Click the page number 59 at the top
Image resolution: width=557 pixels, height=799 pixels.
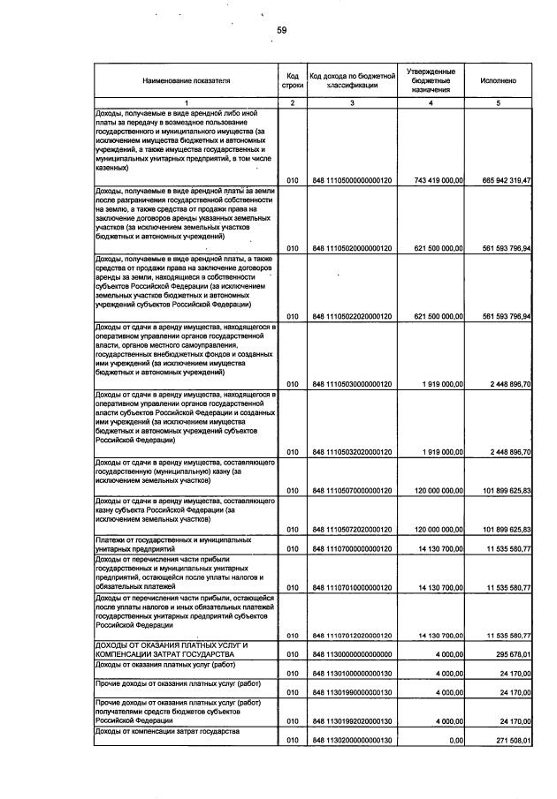point(281,30)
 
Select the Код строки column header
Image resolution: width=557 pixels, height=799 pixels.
point(292,80)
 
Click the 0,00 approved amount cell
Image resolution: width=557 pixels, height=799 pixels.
point(456,741)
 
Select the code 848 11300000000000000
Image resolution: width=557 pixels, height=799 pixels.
point(352,654)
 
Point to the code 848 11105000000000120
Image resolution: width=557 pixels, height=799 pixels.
point(352,180)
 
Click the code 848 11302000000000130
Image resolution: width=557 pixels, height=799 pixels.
point(352,741)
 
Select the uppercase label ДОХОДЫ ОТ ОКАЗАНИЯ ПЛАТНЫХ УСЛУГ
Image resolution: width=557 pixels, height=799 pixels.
point(172,649)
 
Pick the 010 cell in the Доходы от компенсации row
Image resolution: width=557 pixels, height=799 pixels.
point(293,741)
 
